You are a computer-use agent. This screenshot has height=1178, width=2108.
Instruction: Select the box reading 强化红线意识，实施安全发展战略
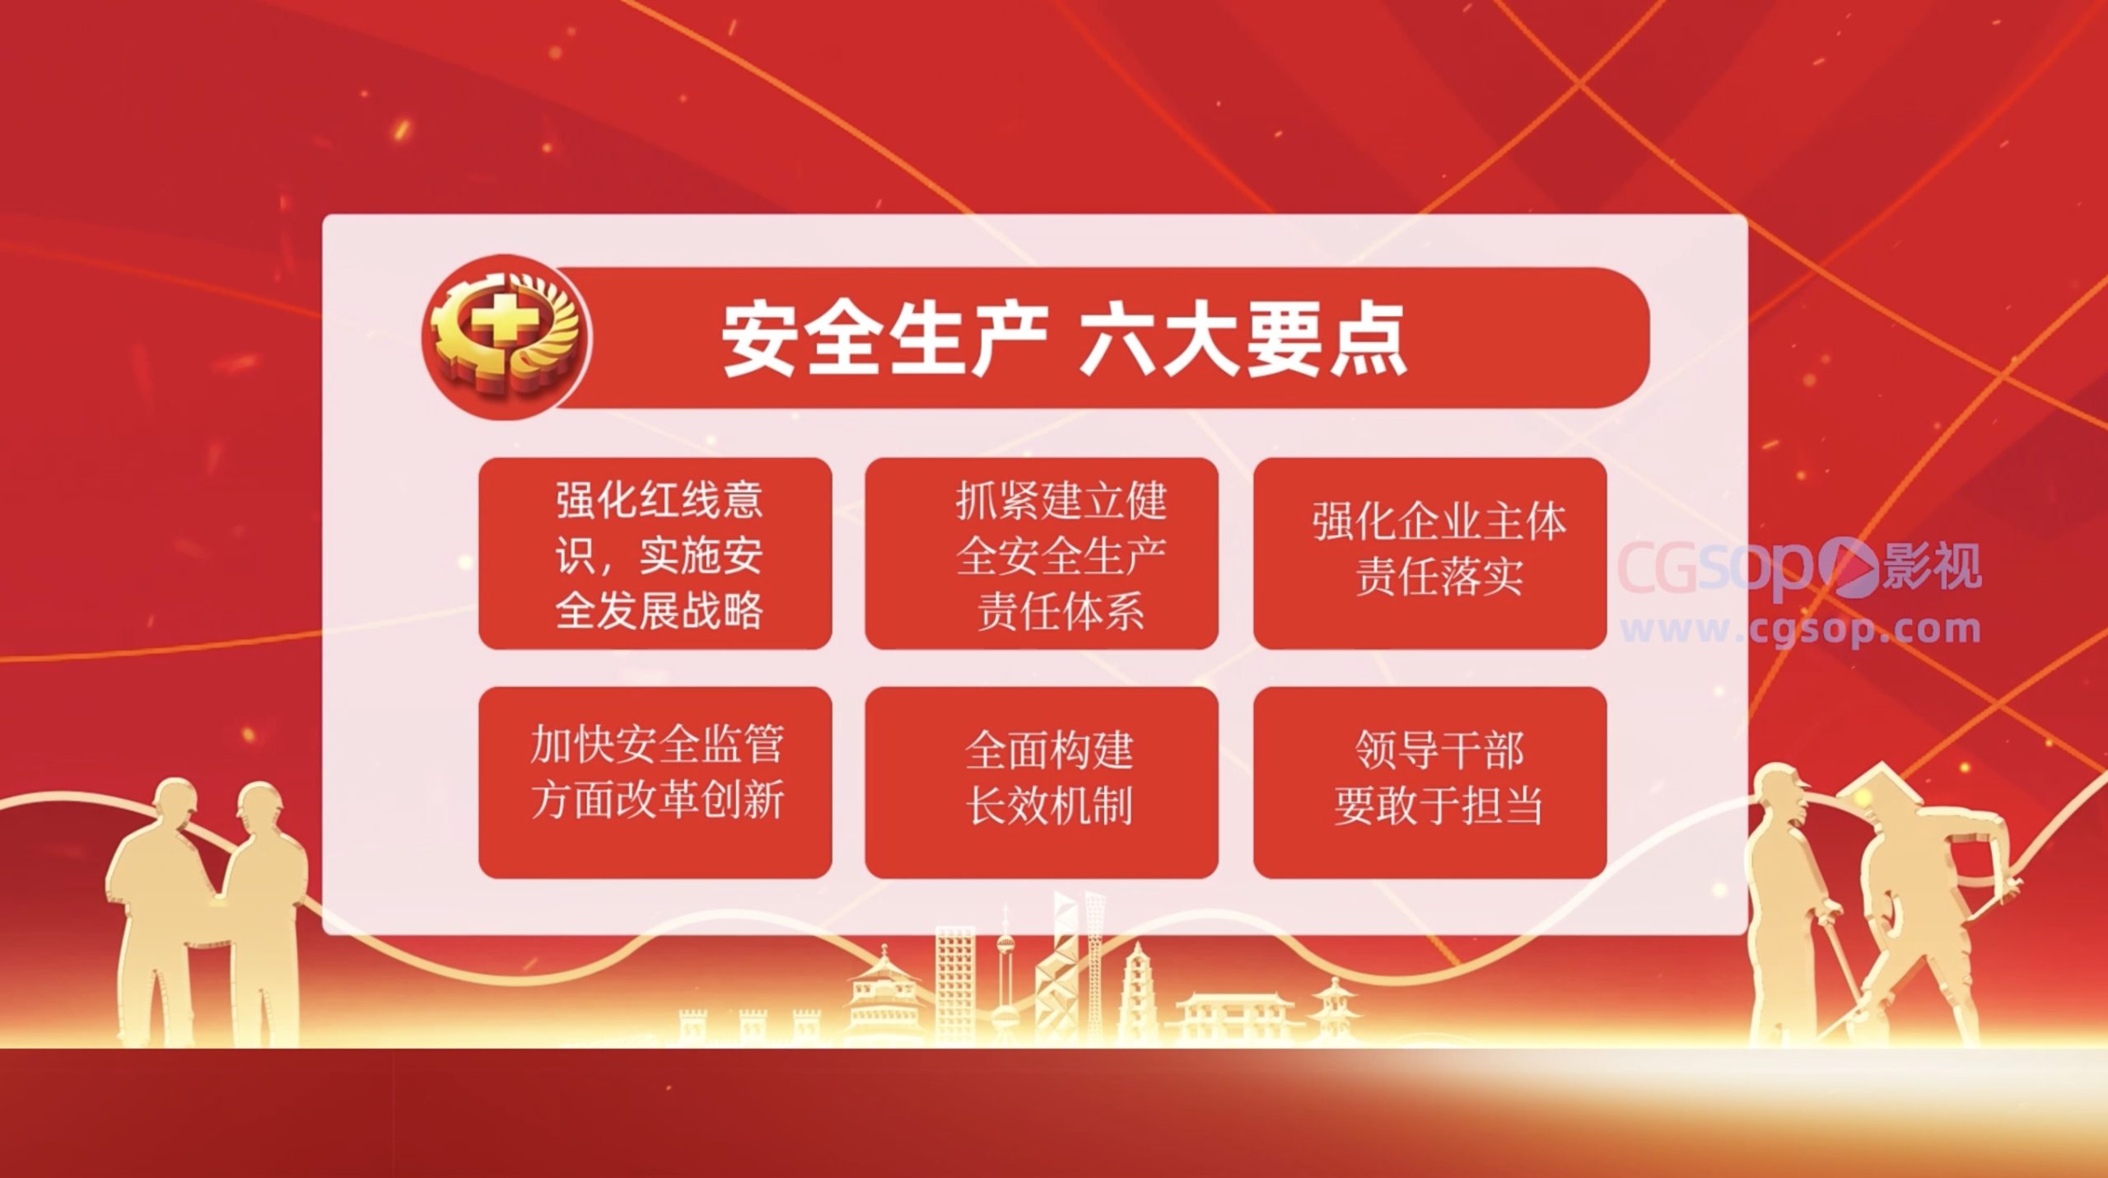pyautogui.click(x=655, y=554)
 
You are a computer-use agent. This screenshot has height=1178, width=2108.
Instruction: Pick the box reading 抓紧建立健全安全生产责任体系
pyautogui.click(x=1042, y=554)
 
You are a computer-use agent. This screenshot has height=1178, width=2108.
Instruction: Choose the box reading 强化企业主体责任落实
pyautogui.click(x=1429, y=554)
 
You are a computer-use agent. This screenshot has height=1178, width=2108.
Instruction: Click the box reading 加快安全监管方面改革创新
pyautogui.click(x=655, y=782)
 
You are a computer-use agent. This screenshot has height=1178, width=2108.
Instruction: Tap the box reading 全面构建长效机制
pyautogui.click(x=1042, y=782)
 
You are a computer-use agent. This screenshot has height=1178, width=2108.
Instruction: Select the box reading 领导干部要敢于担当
pyautogui.click(x=1429, y=782)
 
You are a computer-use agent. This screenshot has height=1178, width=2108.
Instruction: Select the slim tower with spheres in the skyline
pyautogui.click(x=1005, y=972)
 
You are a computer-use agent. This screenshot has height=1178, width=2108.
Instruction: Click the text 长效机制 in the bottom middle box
pyautogui.click(x=1049, y=806)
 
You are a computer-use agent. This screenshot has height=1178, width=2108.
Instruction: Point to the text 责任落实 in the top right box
pyautogui.click(x=1439, y=577)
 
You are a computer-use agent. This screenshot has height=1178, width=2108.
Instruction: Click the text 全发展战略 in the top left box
pyautogui.click(x=659, y=610)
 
